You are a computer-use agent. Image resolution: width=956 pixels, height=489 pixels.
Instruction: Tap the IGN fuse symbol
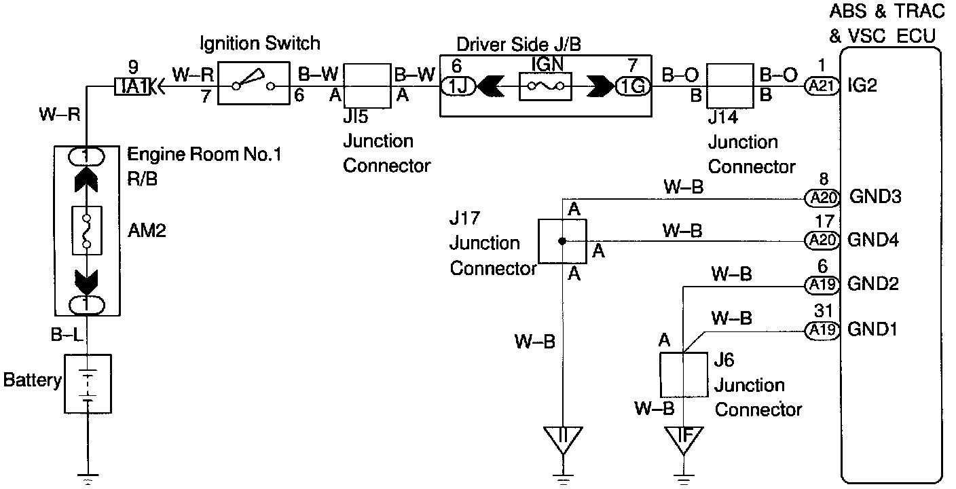point(545,86)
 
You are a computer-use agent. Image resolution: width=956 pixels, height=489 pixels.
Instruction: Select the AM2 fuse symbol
point(87,231)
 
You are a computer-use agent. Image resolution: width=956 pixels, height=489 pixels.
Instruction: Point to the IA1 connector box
point(132,87)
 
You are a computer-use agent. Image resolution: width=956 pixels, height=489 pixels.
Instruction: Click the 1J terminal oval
point(458,87)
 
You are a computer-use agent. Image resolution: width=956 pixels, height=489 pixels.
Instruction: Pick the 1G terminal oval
point(633,87)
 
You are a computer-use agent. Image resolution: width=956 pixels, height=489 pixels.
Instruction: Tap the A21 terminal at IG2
point(822,87)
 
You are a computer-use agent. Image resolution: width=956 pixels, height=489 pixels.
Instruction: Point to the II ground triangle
point(562,440)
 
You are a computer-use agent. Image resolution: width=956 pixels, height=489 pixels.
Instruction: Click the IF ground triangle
point(684,440)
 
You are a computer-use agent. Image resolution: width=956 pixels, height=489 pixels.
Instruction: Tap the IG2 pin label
point(862,86)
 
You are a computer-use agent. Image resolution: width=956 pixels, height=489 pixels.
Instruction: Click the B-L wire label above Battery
point(66,335)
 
